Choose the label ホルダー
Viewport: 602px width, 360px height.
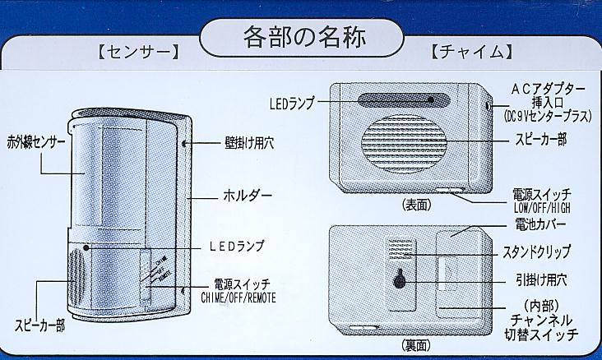tap(248, 196)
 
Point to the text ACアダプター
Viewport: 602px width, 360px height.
tap(547, 87)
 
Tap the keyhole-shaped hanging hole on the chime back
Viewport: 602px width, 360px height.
tap(399, 279)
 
